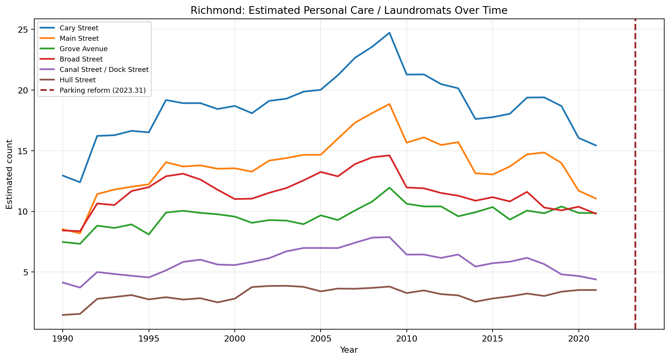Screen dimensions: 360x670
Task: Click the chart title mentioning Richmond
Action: [x=349, y=10]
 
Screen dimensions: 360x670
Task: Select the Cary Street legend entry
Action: [x=79, y=28]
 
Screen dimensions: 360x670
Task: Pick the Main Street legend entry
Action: [x=79, y=38]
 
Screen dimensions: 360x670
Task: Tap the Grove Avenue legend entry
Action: [x=84, y=49]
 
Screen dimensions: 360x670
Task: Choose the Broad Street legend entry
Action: [x=81, y=59]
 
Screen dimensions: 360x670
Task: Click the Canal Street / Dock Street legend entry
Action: [x=104, y=70]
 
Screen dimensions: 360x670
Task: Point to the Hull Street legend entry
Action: [x=78, y=80]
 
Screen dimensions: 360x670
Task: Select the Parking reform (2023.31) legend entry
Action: [x=102, y=90]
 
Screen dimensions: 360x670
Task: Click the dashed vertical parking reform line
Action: [x=635, y=173]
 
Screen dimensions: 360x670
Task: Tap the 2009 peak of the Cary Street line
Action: [x=389, y=33]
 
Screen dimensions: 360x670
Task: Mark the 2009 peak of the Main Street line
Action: [x=389, y=104]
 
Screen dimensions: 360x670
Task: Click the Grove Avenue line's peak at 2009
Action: [x=389, y=188]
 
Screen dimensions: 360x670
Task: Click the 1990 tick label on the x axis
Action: [x=62, y=338]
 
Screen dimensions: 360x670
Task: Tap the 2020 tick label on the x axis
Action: [x=578, y=338]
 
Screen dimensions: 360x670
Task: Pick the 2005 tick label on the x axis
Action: [x=320, y=338]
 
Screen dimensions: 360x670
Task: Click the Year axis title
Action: [x=349, y=350]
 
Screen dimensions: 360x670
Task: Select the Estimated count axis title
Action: [x=9, y=174]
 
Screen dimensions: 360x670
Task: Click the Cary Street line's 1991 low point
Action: [x=80, y=182]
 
